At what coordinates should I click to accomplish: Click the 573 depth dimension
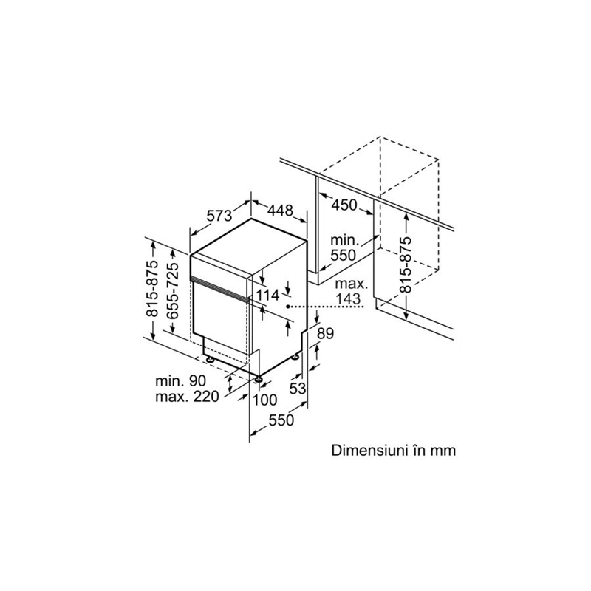click(219, 216)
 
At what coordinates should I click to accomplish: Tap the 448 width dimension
click(280, 210)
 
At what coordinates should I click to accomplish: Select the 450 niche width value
click(344, 205)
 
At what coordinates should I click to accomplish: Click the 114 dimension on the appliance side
click(267, 295)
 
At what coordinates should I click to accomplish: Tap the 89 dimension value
click(325, 333)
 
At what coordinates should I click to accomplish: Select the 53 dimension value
click(298, 389)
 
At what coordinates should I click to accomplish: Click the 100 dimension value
click(264, 400)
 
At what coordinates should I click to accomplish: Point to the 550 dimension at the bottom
click(281, 420)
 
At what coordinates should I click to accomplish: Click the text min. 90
click(181, 381)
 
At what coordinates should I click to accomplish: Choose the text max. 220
click(188, 397)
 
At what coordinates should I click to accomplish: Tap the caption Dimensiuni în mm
click(394, 451)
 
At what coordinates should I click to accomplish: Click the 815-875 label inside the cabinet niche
click(405, 265)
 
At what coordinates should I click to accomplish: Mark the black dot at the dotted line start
click(287, 307)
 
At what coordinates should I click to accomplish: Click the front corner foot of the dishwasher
click(258, 379)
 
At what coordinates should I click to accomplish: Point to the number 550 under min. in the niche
click(343, 255)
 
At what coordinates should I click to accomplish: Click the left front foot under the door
click(210, 360)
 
